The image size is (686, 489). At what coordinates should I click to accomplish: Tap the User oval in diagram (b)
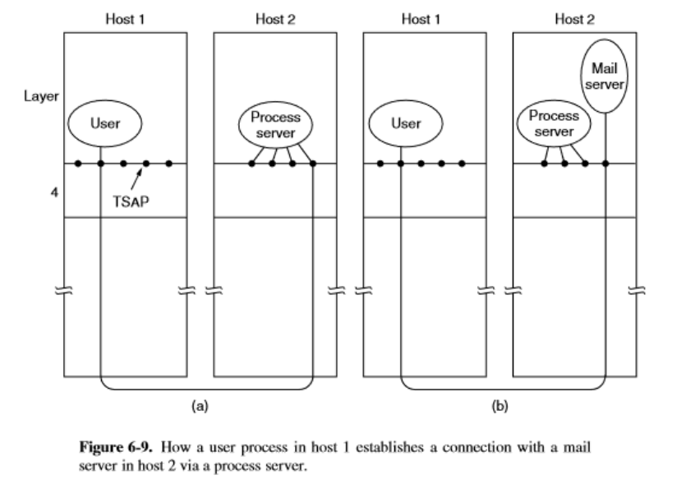point(405,124)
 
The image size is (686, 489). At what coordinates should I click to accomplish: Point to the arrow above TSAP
point(136,176)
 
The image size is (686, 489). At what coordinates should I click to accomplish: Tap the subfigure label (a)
point(197,404)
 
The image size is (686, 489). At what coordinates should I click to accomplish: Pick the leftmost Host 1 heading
point(123,19)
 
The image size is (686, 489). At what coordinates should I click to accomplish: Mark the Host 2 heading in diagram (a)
point(274,19)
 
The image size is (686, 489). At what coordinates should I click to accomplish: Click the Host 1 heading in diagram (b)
point(422,19)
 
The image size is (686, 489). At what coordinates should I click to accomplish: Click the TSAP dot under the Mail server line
point(605,164)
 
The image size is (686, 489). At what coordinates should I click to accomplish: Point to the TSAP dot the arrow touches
point(146,164)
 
